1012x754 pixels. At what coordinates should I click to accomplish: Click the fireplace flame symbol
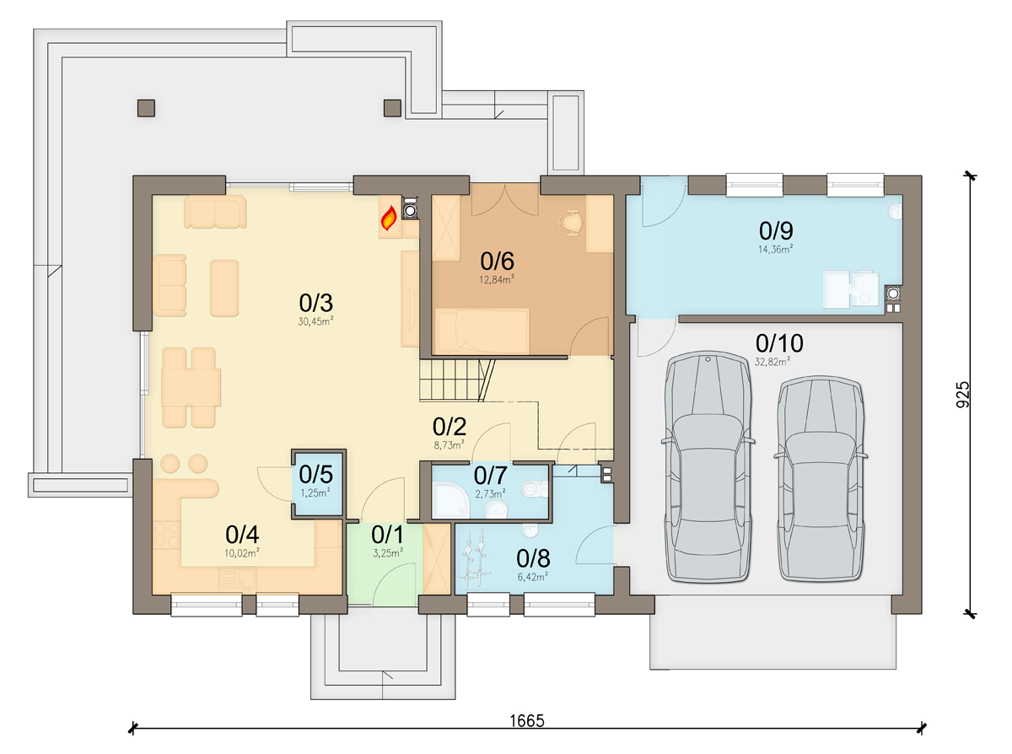389,218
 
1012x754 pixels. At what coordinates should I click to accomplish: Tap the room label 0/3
315,303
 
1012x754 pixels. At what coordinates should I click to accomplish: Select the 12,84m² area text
497,279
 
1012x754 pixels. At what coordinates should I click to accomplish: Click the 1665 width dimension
527,720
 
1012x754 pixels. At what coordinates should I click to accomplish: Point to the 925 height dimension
963,395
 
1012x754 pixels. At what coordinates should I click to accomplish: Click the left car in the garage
708,466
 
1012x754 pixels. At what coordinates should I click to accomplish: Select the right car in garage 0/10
821,478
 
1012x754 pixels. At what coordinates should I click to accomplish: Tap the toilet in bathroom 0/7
535,489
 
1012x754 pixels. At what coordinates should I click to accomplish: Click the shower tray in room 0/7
451,500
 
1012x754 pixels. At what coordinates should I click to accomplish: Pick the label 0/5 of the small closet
315,475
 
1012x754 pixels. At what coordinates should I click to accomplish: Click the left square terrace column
146,108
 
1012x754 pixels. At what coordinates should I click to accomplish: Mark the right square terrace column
392,108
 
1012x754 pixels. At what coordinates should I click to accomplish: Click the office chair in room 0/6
570,223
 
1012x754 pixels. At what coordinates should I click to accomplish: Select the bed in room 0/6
482,331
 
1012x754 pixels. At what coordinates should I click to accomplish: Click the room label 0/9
776,231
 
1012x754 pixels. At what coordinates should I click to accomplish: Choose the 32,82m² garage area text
772,362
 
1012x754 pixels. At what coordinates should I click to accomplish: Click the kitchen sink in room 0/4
237,579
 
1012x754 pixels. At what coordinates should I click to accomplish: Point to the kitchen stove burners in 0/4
166,535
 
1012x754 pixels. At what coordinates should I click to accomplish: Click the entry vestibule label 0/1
387,535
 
